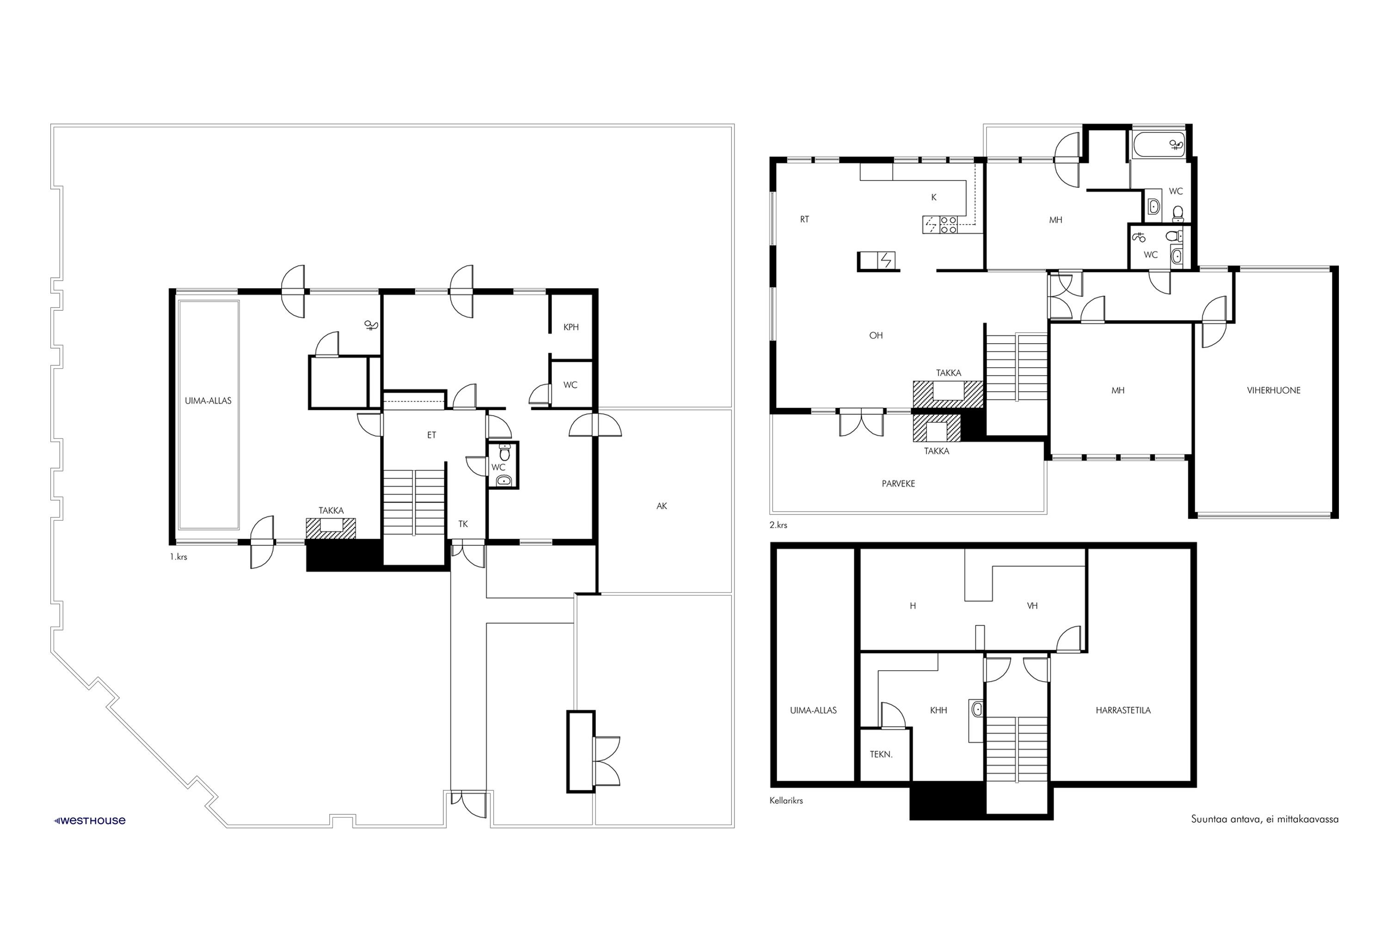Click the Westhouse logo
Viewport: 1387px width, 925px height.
coord(90,820)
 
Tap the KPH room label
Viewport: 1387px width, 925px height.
coord(571,327)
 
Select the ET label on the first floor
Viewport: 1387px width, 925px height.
coord(432,435)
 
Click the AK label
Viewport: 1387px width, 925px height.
coord(662,506)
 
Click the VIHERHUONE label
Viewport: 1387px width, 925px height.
coord(1274,390)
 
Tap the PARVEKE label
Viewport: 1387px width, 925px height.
coord(898,483)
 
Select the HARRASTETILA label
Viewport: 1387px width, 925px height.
coord(1123,710)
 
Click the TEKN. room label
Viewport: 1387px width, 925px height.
coord(881,754)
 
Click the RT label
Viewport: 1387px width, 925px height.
coord(804,219)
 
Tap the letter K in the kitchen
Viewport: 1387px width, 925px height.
coord(933,197)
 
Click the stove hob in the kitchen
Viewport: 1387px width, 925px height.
coord(948,225)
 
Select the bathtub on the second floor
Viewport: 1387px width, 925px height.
coord(1157,144)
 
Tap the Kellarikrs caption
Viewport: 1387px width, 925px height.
coord(786,801)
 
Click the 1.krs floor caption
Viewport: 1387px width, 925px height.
coord(178,556)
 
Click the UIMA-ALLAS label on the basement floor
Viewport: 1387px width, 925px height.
coord(813,710)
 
